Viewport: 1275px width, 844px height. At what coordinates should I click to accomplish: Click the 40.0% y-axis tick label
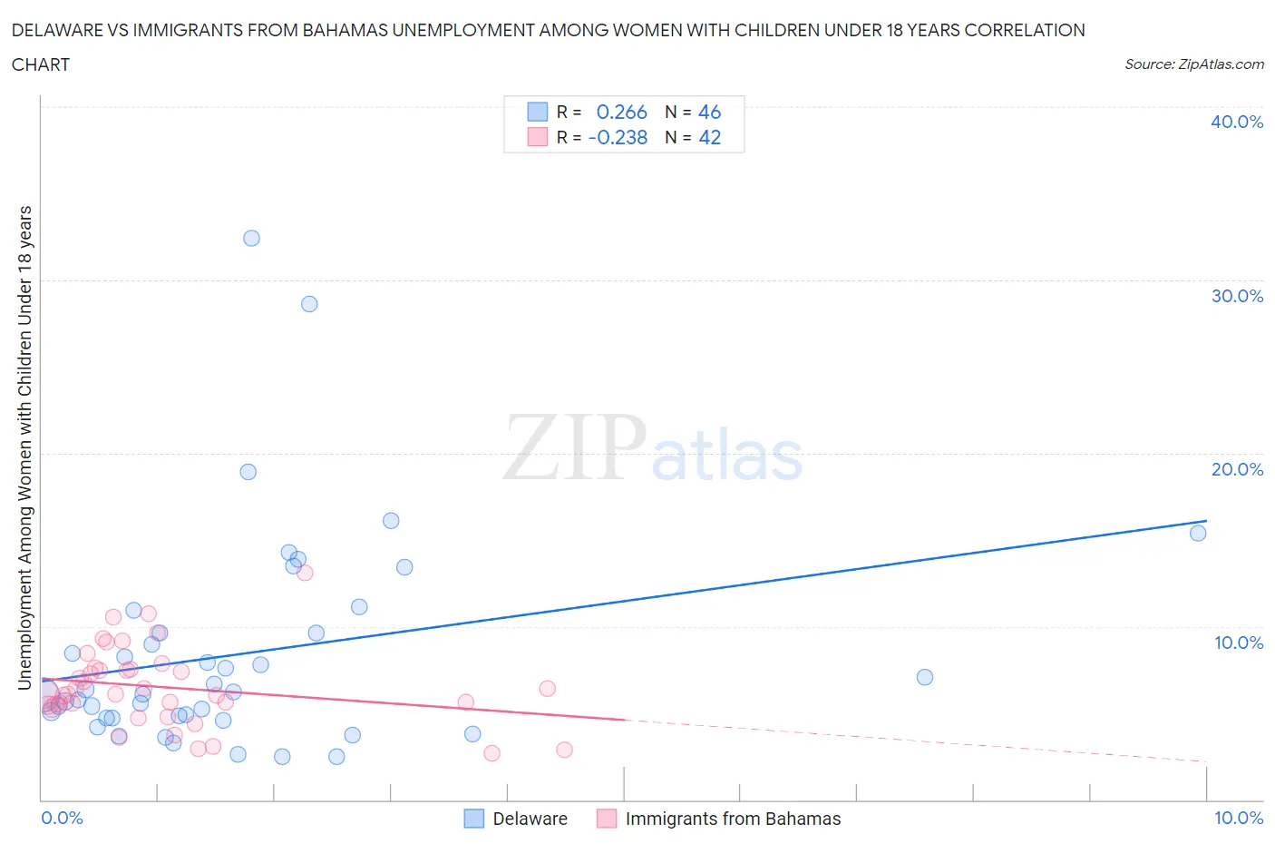1236,122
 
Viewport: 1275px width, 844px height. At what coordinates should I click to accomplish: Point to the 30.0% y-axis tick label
1236,296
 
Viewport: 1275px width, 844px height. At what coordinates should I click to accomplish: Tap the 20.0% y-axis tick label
1236,469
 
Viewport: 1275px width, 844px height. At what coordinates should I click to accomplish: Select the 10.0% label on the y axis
1238,643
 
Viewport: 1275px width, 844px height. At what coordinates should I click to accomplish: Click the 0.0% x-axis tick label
62,818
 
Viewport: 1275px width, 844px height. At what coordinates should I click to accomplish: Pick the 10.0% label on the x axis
1238,818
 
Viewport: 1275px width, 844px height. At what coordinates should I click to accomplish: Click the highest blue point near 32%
251,238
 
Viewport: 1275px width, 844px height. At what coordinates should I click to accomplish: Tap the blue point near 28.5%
309,304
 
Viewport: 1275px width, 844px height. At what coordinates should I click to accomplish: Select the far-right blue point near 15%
1198,533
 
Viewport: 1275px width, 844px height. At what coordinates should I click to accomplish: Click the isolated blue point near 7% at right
924,677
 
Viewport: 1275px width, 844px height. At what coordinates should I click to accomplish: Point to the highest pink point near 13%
305,573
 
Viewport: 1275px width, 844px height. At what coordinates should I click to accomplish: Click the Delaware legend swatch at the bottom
474,819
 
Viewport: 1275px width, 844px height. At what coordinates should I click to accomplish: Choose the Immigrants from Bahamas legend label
733,819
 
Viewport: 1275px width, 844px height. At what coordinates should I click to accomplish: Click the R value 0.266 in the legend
621,112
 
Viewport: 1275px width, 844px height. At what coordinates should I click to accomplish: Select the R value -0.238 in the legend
618,137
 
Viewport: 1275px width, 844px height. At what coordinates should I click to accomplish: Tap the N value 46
709,112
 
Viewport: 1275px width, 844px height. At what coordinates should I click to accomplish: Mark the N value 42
709,137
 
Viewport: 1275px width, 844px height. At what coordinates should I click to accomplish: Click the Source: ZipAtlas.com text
1193,64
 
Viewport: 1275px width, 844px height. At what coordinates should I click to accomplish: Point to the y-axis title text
25,447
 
